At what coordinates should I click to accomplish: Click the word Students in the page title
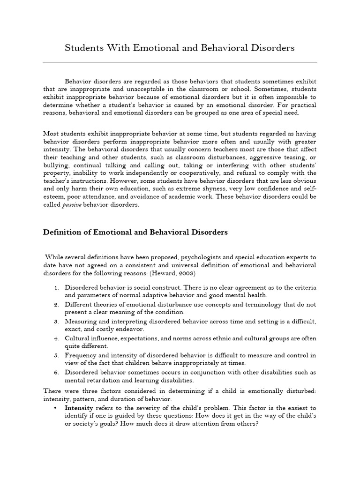pos(82,48)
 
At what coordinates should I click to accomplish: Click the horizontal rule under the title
pos(180,62)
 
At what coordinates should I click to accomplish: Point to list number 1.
pos(56,287)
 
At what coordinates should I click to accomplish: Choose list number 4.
pos(56,338)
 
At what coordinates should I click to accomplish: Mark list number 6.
pos(56,372)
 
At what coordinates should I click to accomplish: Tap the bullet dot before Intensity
pos(55,408)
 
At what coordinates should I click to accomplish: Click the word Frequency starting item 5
pos(81,355)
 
